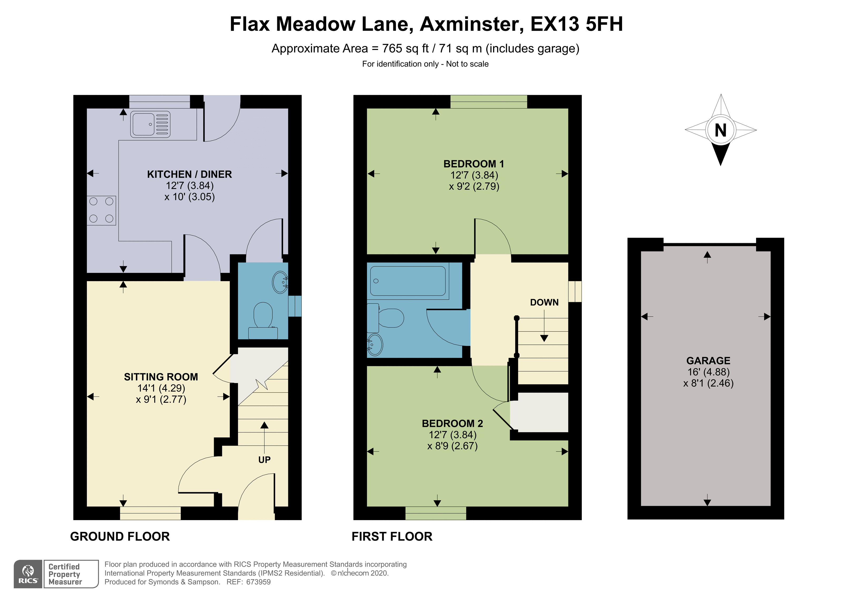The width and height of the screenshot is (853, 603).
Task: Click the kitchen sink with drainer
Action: [150, 124]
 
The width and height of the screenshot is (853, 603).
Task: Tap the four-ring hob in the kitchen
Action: [101, 210]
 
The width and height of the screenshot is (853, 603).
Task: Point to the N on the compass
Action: [720, 130]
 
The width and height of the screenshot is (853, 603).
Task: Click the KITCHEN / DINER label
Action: [190, 174]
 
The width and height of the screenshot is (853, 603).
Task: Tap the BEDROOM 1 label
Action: [474, 164]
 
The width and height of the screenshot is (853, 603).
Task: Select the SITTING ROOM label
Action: [161, 377]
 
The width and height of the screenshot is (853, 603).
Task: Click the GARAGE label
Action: [708, 361]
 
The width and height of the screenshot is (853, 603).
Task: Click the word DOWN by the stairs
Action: [544, 302]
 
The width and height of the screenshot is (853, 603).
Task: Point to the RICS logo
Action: [28, 574]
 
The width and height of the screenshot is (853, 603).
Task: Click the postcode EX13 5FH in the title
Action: [577, 24]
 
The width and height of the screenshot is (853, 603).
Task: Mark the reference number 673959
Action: [258, 582]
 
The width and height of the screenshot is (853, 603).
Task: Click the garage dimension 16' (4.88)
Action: [708, 372]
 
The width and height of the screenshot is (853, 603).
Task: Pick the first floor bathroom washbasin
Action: [375, 345]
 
